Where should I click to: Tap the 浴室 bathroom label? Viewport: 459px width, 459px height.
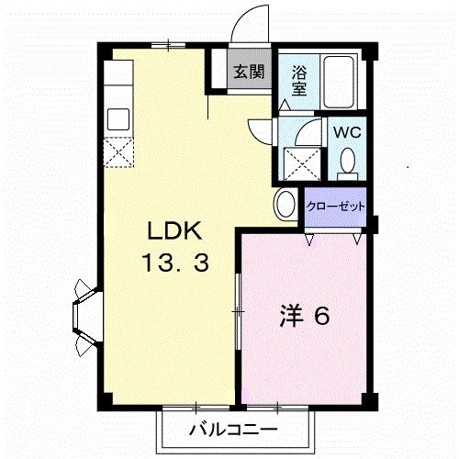click(x=299, y=80)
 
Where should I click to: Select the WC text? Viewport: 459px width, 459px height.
click(x=346, y=131)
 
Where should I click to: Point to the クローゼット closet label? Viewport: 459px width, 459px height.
click(x=335, y=205)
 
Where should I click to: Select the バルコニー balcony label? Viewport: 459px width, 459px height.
click(x=233, y=430)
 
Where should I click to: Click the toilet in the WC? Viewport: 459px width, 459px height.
click(x=347, y=162)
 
